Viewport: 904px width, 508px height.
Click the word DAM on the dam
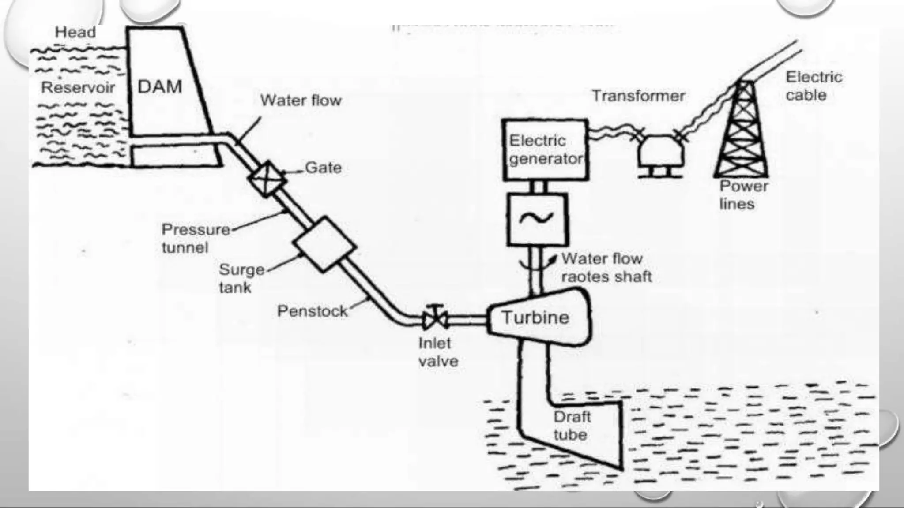(x=160, y=86)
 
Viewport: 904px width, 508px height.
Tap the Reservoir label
(x=78, y=87)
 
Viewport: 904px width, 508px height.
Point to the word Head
(x=75, y=32)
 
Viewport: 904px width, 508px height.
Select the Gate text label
(x=323, y=168)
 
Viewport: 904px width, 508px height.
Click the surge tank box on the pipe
(x=324, y=243)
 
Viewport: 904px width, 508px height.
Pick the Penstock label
(x=312, y=311)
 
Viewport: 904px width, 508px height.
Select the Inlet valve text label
(x=438, y=352)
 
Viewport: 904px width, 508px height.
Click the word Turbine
(x=535, y=317)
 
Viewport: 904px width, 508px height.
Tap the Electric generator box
(x=545, y=149)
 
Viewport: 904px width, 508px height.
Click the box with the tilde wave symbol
(x=537, y=219)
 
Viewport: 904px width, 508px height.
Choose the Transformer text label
(x=638, y=96)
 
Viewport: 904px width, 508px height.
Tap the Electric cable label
(x=813, y=86)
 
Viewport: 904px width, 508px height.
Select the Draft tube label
(x=571, y=426)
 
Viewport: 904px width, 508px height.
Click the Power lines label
(x=743, y=195)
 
